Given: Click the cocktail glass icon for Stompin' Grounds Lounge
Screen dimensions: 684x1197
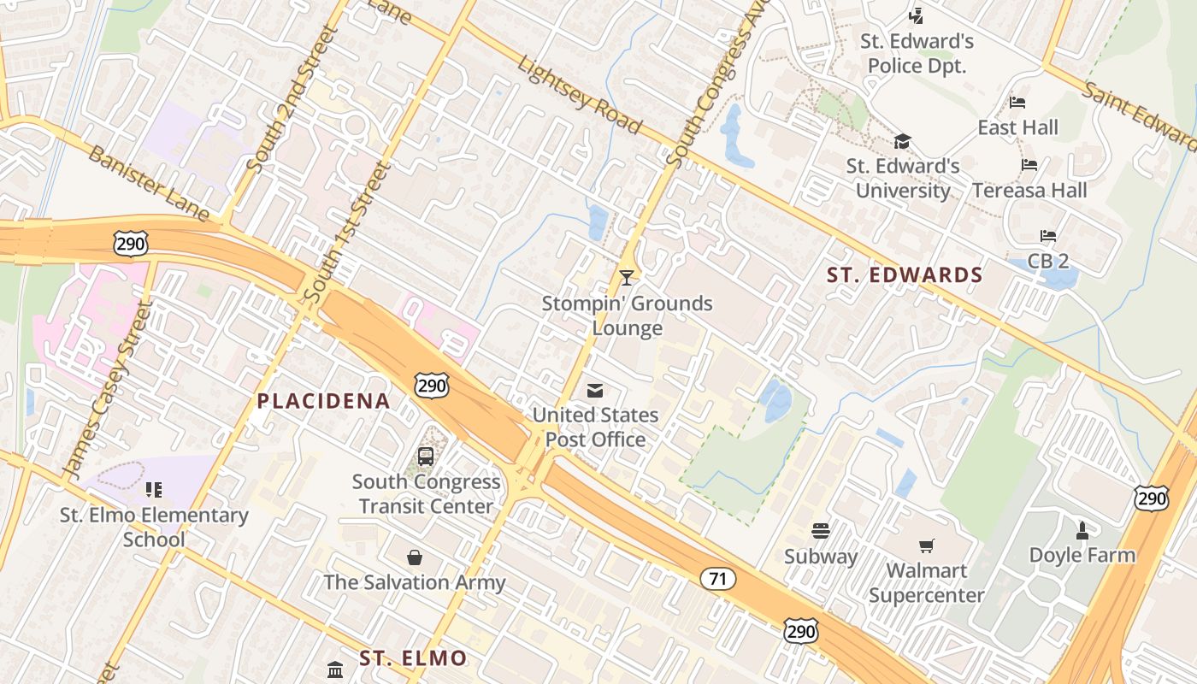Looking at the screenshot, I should [627, 277].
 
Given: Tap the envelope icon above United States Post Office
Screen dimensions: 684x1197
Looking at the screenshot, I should [595, 391].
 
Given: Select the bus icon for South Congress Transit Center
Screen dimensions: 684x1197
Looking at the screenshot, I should [426, 457].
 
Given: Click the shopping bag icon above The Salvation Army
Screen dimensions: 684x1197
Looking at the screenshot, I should [415, 557].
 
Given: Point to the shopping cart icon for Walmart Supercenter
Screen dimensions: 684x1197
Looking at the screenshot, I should [926, 545].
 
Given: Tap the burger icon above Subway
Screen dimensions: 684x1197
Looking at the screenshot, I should [821, 531].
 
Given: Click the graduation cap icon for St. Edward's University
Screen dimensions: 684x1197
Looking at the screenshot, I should [902, 141].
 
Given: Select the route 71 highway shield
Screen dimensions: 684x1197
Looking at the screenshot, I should [717, 579].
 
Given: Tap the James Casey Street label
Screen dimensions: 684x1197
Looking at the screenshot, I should [107, 388].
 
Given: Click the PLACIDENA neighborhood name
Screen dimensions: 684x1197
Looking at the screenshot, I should [323, 401].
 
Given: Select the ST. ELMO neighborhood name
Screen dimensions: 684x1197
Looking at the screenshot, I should [413, 658].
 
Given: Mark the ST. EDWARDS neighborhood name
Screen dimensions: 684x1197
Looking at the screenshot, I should [905, 275].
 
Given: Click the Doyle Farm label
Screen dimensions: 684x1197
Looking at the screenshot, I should [1082, 555].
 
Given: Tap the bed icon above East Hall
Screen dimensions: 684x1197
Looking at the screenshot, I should [1017, 103].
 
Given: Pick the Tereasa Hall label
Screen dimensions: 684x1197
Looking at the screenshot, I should [1029, 190].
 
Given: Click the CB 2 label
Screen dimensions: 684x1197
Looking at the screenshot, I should [1048, 261].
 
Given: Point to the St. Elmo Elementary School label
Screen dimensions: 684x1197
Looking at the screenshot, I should [154, 528].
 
